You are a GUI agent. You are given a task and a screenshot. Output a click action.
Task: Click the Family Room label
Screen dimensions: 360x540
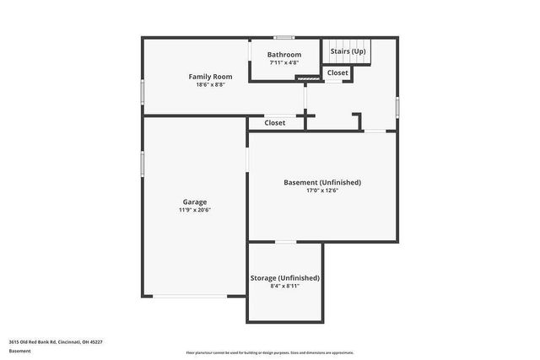point(210,77)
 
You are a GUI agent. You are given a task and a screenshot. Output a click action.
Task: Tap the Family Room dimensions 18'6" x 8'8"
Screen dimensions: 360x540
point(210,84)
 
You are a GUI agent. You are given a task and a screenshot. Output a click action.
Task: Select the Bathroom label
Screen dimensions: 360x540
point(284,55)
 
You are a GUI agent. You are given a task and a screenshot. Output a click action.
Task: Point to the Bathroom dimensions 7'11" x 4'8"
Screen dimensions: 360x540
point(284,62)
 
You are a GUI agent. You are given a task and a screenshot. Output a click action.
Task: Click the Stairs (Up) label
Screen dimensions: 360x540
point(348,51)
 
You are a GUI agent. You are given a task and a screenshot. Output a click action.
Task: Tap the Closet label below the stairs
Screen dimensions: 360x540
point(337,73)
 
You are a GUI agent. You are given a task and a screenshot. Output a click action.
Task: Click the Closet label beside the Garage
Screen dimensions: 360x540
point(274,123)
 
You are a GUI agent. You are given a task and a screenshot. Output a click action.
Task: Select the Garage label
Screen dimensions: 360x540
point(195,201)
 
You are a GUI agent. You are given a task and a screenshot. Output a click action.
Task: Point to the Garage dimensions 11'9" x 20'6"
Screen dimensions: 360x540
point(195,210)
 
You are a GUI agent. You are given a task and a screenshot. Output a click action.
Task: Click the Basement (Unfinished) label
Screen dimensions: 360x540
point(322,182)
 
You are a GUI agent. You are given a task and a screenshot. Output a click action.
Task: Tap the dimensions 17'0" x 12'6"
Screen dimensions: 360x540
point(322,191)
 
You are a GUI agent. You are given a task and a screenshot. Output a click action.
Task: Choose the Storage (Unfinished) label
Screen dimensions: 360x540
point(285,277)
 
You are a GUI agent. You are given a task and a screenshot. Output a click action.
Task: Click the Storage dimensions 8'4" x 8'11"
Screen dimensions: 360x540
point(285,286)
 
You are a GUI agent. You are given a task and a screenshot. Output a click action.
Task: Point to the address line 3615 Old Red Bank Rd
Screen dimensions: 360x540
point(56,342)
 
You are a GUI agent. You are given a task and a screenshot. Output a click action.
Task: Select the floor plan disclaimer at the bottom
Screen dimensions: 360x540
point(269,353)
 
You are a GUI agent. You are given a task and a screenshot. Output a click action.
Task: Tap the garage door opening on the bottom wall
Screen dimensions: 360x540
point(189,296)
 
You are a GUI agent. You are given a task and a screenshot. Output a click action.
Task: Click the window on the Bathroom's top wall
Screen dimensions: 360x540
point(284,37)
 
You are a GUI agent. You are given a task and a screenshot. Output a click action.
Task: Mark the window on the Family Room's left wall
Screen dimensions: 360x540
point(142,90)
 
